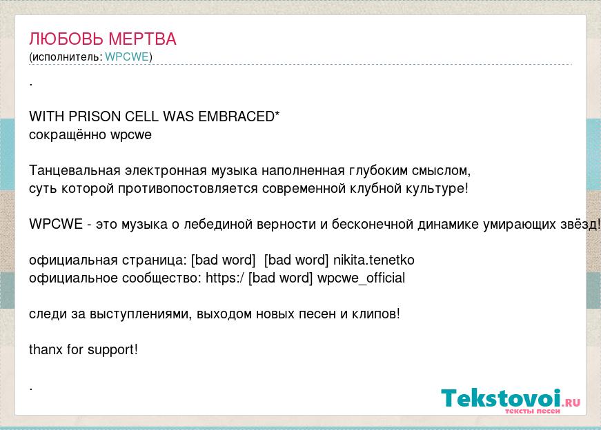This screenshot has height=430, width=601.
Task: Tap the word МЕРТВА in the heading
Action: (x=142, y=39)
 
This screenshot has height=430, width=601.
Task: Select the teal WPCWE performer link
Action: (x=127, y=57)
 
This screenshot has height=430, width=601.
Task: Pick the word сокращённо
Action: (x=68, y=135)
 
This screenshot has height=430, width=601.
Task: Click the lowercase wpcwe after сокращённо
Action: (x=131, y=136)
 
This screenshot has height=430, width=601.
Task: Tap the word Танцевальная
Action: (x=75, y=170)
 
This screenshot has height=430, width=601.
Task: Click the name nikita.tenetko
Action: (x=374, y=260)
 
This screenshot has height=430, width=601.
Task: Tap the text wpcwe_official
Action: (x=361, y=278)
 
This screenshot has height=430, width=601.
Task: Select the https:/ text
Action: (x=225, y=278)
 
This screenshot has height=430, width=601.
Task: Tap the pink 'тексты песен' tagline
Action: (x=533, y=411)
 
